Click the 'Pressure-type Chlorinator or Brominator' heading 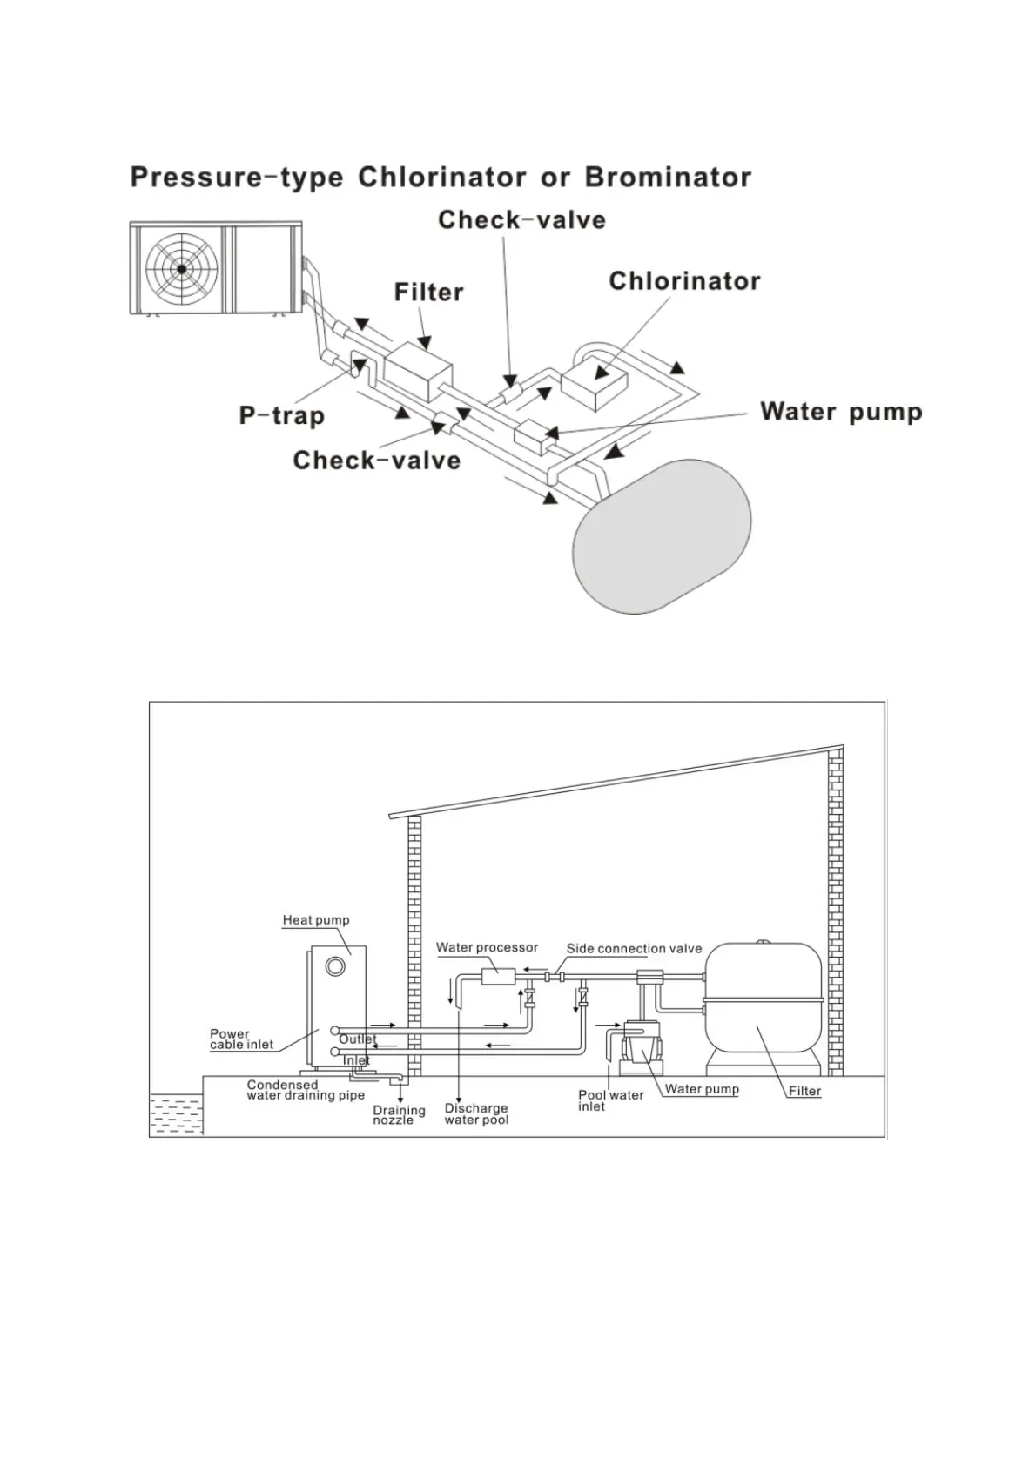coord(441,178)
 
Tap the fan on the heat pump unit coord(181,269)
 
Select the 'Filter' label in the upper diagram coord(428,293)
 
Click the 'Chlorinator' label coord(684,281)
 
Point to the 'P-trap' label coord(281,415)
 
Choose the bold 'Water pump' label coord(841,412)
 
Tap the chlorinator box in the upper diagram coord(596,383)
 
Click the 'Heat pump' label coord(316,920)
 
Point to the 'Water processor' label coord(487,948)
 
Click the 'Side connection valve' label coord(634,949)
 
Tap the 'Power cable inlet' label coord(241,1039)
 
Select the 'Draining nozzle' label coord(399,1115)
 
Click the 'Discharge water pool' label coord(476,1114)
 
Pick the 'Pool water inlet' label coord(610,1100)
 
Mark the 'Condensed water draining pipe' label coord(306,1090)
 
